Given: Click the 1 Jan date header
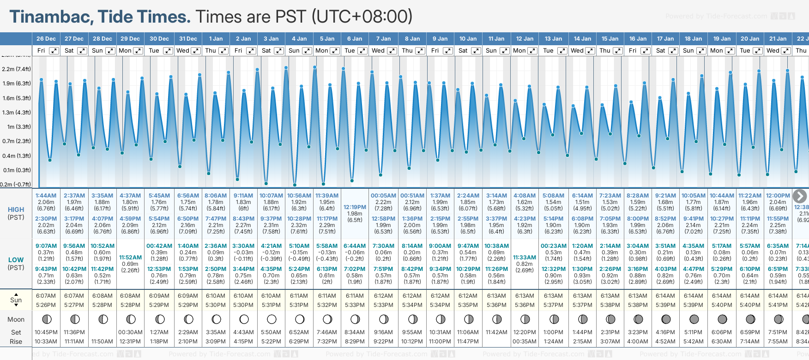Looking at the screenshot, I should (x=216, y=39).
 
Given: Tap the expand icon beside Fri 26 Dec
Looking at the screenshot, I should (x=54, y=51).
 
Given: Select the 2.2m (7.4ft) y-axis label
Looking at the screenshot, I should (x=16, y=69).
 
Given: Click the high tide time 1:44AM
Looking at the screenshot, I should (x=46, y=196).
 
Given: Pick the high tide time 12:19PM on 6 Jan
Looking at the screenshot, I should (x=355, y=207).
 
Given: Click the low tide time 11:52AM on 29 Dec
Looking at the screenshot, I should (x=130, y=258).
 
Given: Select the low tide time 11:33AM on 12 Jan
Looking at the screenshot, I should (x=525, y=258).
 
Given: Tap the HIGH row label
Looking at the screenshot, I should (x=16, y=210).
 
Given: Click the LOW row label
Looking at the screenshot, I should (x=16, y=260).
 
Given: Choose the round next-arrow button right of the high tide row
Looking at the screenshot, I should (x=799, y=196).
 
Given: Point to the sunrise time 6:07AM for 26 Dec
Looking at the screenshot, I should (x=46, y=296).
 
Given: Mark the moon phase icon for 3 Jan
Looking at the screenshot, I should (x=272, y=319).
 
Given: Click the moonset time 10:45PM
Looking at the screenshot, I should (x=46, y=332).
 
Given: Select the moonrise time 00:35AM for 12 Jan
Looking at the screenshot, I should (x=525, y=342).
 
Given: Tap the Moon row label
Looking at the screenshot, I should (x=16, y=319).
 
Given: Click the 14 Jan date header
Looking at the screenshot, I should (x=582, y=39).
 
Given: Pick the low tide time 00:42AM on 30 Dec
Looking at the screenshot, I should (x=159, y=246).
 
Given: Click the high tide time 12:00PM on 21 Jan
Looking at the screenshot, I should (x=778, y=196).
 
